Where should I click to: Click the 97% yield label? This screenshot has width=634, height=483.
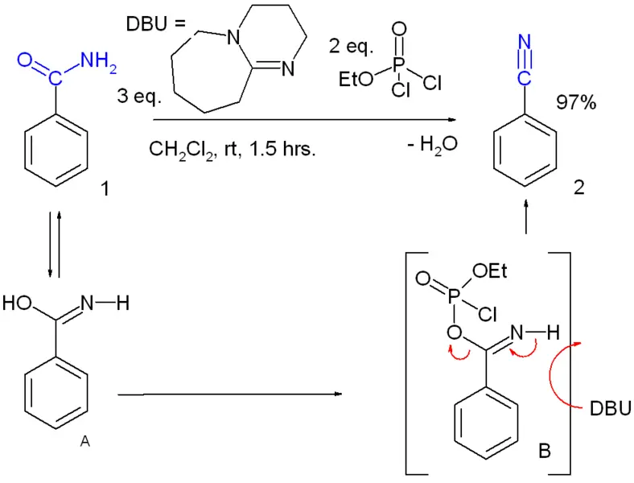576,102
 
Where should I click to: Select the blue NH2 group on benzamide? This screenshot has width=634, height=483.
98,62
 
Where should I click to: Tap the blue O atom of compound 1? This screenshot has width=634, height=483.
25,60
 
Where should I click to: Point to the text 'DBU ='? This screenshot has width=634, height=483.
155,24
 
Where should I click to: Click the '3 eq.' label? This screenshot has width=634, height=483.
139,97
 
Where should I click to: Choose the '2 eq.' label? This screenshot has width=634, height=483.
351,46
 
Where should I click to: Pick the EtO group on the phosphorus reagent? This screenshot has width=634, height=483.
356,79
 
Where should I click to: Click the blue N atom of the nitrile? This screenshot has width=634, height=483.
524,42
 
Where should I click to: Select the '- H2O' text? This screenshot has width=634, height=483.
432,144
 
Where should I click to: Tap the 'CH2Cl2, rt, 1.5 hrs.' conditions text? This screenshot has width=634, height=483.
232,150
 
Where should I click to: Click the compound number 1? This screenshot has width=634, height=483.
105,188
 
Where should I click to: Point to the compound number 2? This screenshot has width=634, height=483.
579,188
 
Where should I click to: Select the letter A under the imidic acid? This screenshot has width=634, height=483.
84,441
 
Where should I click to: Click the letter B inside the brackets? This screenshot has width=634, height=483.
545,450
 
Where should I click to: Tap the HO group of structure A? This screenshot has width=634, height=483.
17,303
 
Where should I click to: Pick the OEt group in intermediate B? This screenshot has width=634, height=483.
490,271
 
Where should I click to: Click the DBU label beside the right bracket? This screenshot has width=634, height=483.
610,409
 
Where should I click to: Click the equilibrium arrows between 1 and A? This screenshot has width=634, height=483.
55,244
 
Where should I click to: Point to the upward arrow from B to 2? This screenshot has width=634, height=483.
525,216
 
